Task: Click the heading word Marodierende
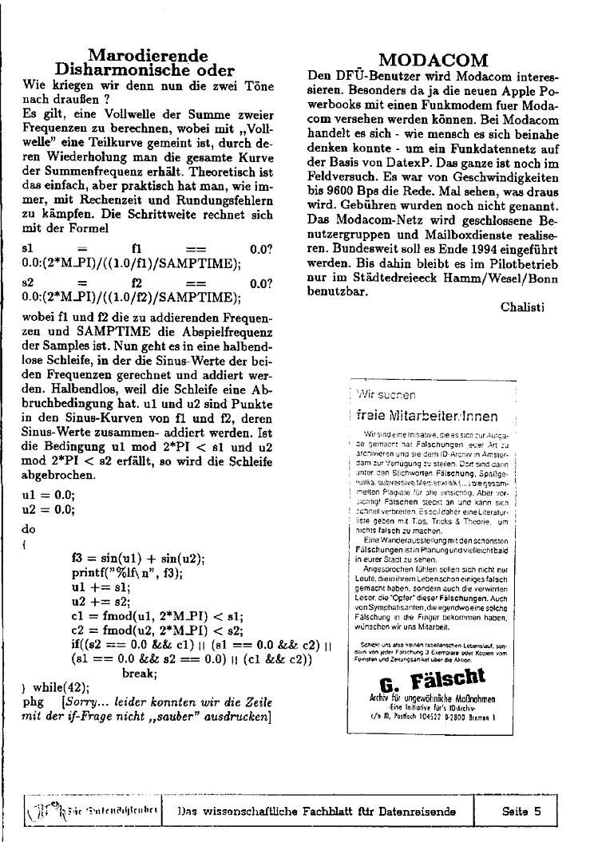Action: click(x=148, y=56)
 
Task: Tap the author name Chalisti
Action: click(x=522, y=306)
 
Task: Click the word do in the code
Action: click(x=29, y=529)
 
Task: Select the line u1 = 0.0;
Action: click(x=49, y=494)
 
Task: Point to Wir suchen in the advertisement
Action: click(x=387, y=394)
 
